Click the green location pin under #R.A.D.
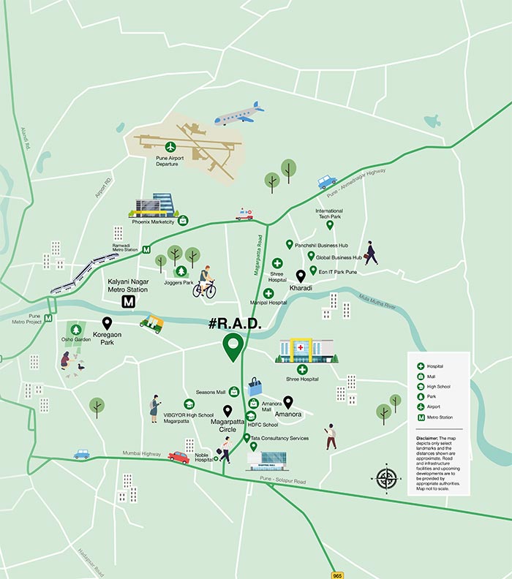click(233, 347)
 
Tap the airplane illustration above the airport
click(239, 114)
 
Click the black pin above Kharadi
click(300, 276)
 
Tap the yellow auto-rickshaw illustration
click(151, 322)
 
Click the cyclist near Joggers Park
click(205, 282)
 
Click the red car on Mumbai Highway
click(178, 457)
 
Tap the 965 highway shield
click(336, 574)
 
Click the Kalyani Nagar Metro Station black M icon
click(129, 301)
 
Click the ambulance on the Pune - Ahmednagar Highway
click(244, 214)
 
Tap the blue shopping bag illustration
click(255, 386)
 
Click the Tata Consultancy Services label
click(279, 438)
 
